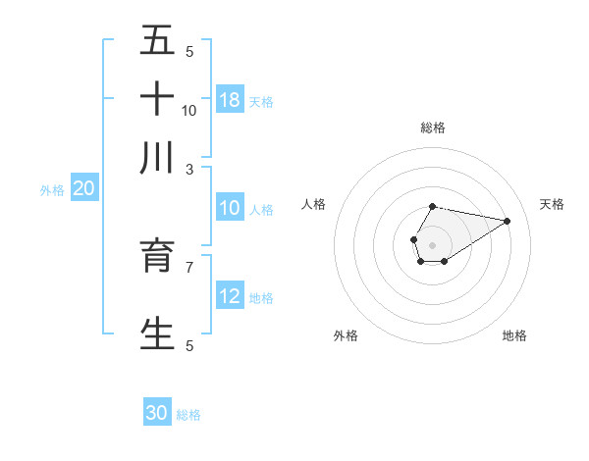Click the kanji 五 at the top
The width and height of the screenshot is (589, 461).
pos(157,41)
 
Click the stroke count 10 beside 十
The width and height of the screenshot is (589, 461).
pos(189,110)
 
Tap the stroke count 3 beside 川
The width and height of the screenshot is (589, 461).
pos(189,168)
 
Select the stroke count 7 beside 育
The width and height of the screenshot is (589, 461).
pos(189,266)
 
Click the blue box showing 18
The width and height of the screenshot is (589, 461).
pos(230,99)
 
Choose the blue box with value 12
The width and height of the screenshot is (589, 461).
pos(230,296)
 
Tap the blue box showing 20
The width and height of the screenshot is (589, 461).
pos(83,189)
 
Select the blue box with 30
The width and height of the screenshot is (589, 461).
pos(157,413)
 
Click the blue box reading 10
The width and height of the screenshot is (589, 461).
pos(230,208)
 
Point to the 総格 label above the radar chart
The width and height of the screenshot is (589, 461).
pos(433,128)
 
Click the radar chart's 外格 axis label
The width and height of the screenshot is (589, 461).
pos(346,335)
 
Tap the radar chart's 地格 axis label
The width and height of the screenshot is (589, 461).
pos(514,335)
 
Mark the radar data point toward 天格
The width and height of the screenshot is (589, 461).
pos(507,221)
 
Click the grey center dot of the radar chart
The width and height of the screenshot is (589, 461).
pos(432,243)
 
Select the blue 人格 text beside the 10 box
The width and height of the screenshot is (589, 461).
pos(261,209)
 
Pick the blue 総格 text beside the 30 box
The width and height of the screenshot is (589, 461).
pos(188,414)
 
